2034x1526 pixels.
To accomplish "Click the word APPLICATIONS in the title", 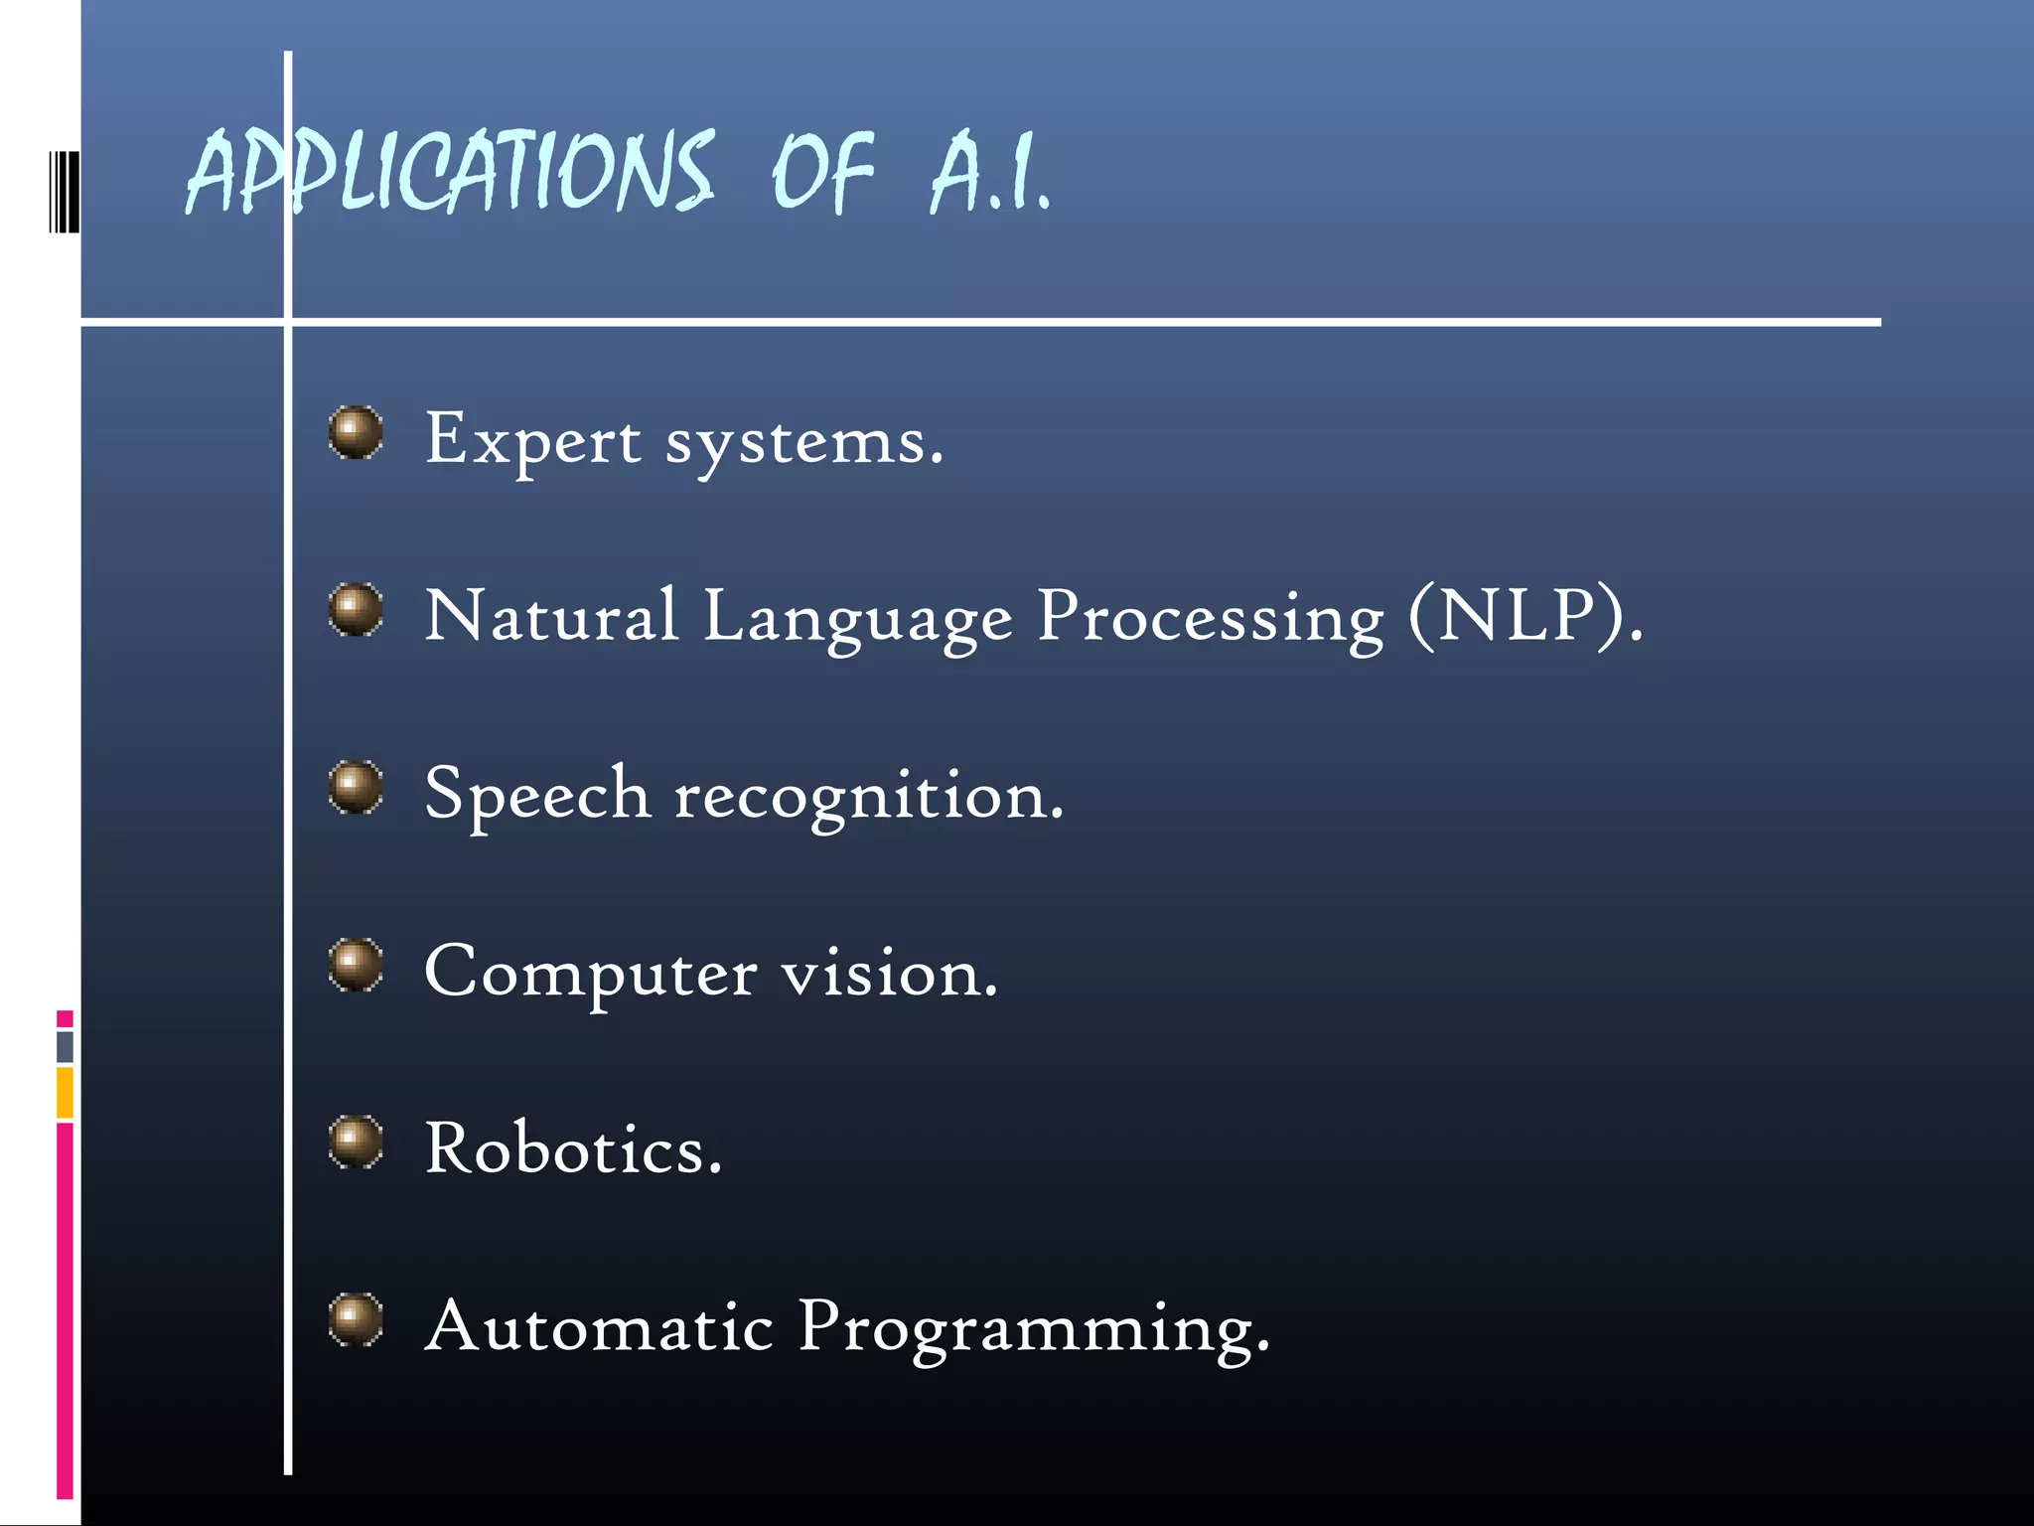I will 449,174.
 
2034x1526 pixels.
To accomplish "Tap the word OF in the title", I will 822,174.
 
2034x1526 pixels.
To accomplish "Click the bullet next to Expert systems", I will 356,432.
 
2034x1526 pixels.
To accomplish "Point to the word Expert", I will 532,439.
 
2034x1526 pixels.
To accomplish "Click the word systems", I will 802,442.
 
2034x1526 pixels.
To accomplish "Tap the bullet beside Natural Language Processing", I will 356,609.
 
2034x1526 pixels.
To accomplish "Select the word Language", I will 858,618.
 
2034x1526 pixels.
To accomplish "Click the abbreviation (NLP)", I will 1525,616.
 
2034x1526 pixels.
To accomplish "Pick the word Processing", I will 1210,618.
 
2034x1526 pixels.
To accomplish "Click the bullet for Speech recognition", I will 356,787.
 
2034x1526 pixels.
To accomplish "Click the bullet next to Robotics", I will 356,1142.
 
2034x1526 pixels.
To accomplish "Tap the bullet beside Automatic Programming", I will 356,1319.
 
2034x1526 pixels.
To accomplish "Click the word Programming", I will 1033,1329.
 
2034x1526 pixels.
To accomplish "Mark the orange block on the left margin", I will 65,1092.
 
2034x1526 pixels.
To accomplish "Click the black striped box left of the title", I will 64,192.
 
